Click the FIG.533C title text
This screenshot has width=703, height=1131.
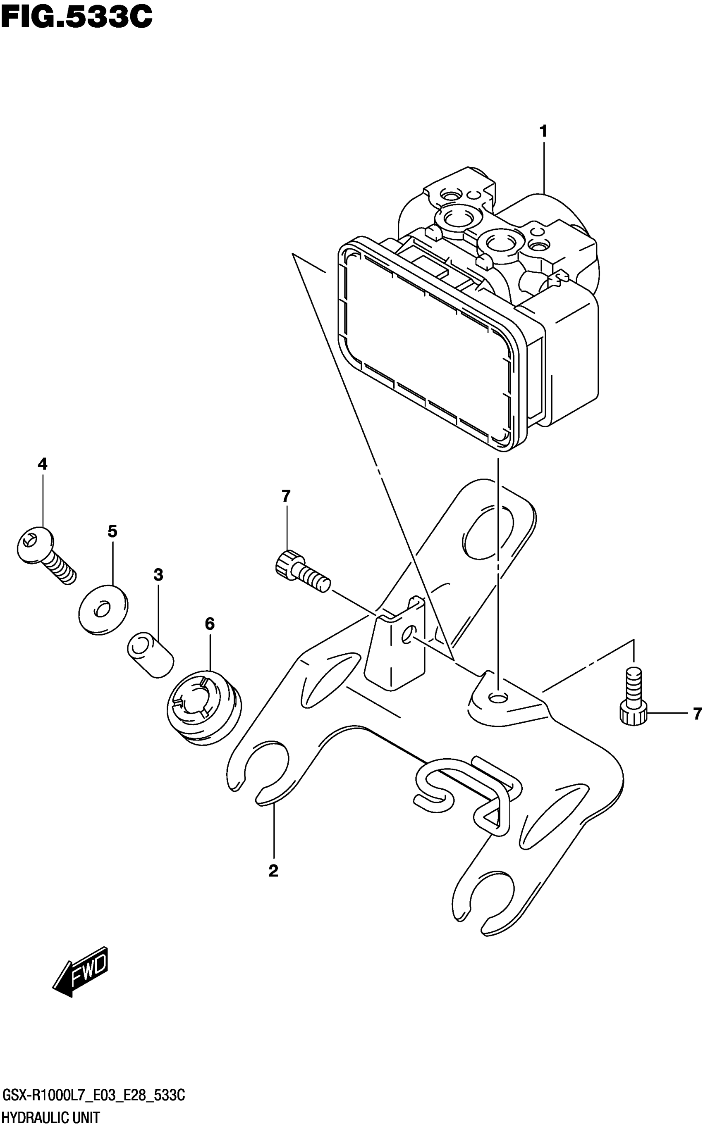[x=77, y=17]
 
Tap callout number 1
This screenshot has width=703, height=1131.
[x=543, y=131]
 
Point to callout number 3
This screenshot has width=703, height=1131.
[x=158, y=575]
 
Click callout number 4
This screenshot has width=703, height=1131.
[x=42, y=464]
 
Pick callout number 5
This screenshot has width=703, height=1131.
[x=112, y=531]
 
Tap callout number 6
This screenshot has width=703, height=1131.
[x=209, y=624]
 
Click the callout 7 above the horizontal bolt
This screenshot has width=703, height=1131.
[x=286, y=496]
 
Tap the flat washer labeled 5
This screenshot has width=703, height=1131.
[x=103, y=608]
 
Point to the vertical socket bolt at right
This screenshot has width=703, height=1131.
[x=633, y=701]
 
